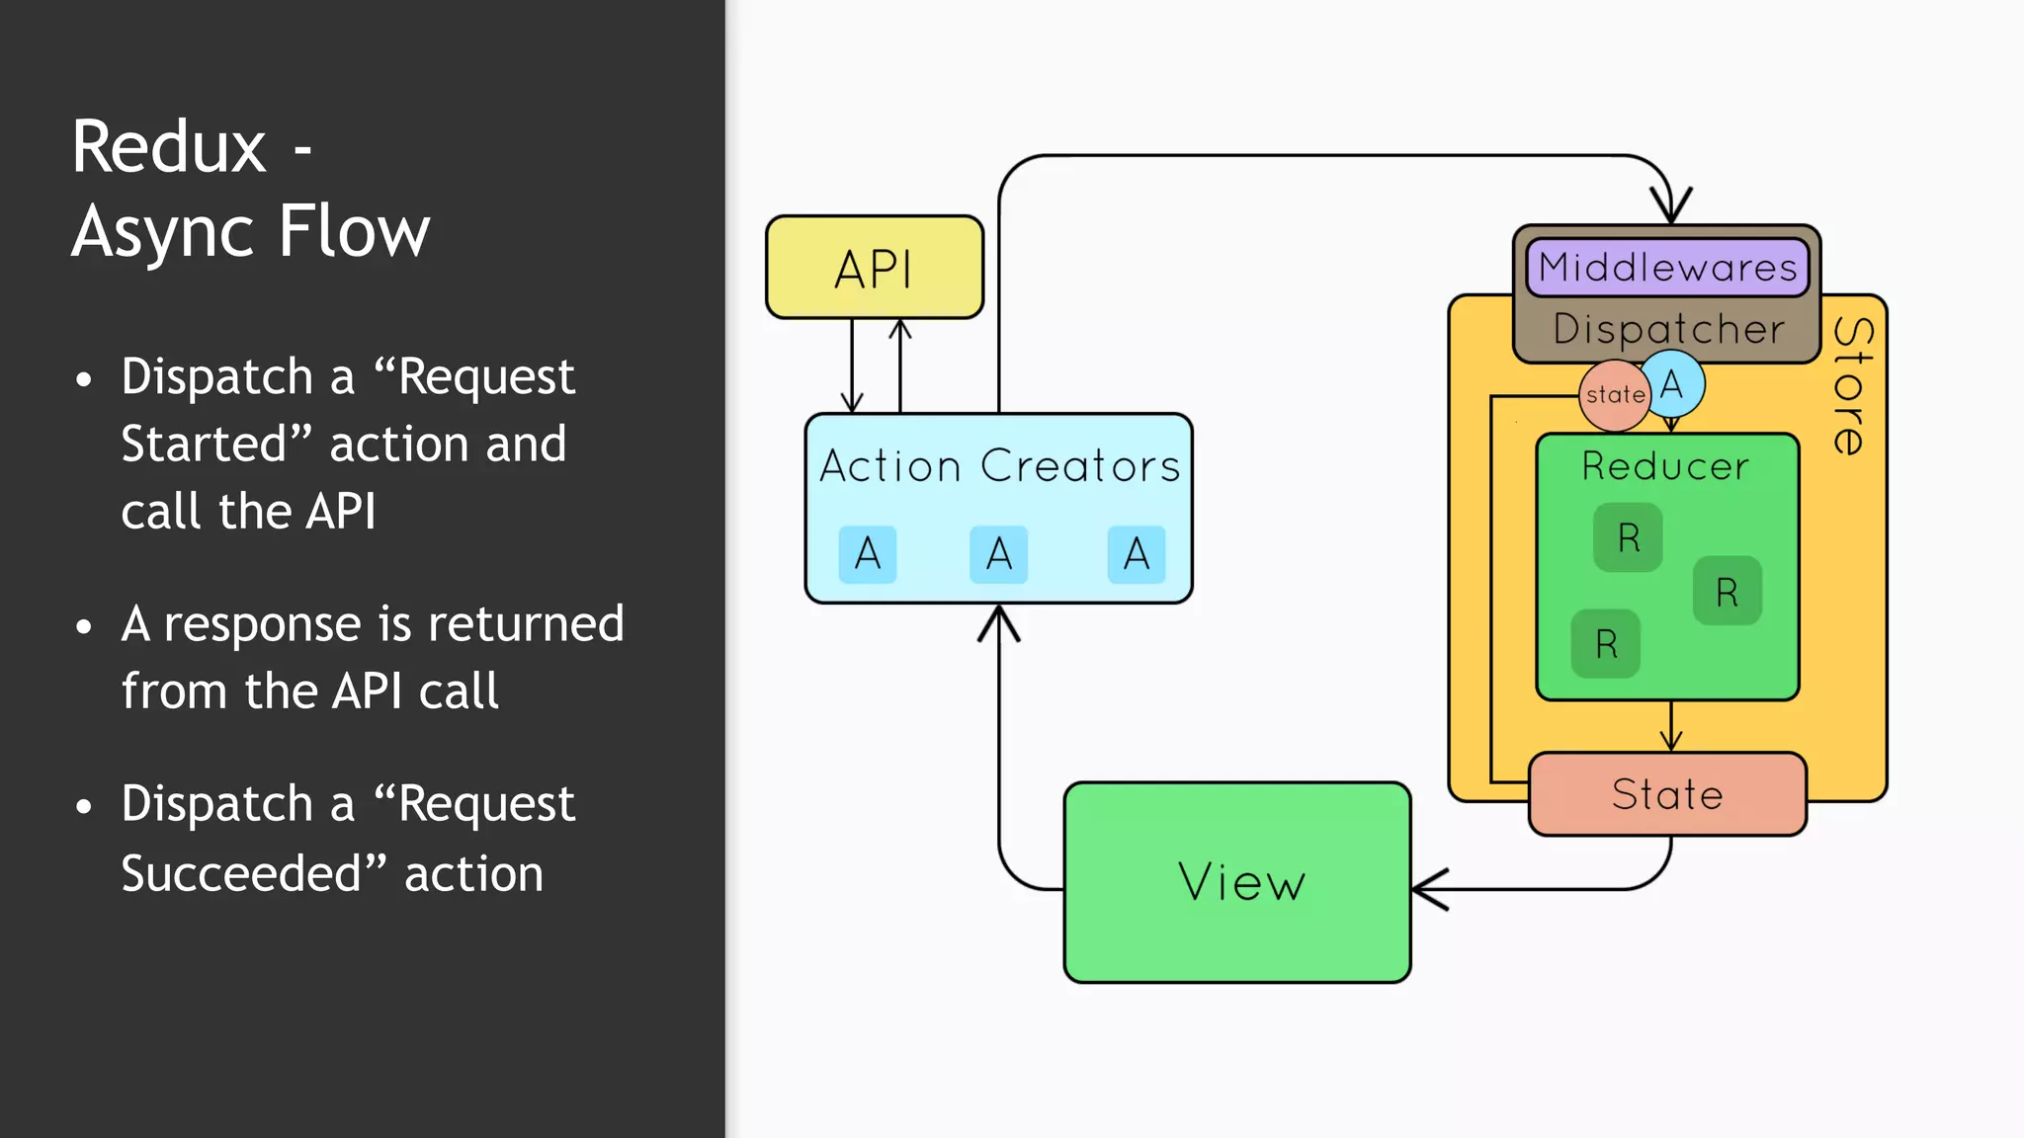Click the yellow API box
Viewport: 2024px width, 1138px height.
tap(875, 268)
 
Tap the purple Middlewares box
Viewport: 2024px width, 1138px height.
tap(1667, 267)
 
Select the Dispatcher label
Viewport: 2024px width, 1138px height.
tap(1668, 329)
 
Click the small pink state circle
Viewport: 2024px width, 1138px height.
tap(1613, 395)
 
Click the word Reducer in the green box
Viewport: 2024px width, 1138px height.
tap(1665, 466)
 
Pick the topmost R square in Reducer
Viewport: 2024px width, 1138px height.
tap(1628, 537)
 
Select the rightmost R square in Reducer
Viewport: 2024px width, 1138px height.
tap(1727, 592)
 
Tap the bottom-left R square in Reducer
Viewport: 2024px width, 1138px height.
tap(1606, 644)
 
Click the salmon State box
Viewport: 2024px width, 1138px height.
tap(1667, 794)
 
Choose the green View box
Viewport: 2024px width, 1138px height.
tap(1237, 882)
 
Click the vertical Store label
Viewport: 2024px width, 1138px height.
tap(1851, 387)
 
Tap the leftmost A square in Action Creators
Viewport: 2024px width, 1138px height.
tap(867, 554)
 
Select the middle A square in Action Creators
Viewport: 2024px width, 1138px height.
tap(998, 554)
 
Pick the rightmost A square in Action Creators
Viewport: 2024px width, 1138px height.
tap(1136, 554)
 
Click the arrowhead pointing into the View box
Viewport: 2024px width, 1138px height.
tap(1427, 889)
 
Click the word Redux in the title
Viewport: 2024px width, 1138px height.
tap(169, 147)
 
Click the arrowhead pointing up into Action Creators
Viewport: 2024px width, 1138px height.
tap(999, 621)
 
